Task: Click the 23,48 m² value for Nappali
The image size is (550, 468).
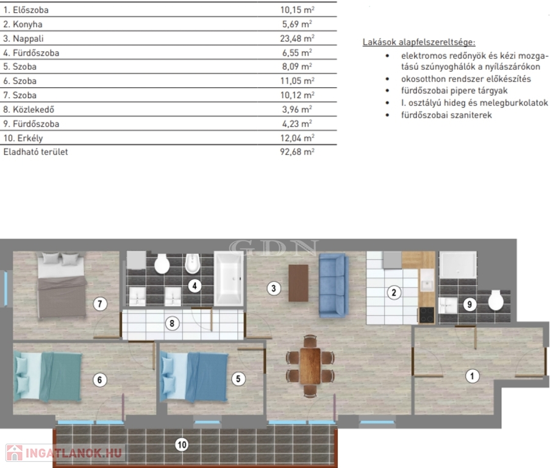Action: [297, 38]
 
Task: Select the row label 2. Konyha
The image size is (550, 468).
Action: [23, 24]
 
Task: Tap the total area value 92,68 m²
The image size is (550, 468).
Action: [297, 152]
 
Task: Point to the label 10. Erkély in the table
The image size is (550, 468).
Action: [23, 138]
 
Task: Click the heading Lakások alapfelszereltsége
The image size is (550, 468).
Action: [419, 42]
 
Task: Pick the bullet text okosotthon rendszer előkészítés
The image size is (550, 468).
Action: [466, 79]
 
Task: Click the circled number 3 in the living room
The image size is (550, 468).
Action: [274, 288]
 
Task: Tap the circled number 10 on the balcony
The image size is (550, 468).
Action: [182, 445]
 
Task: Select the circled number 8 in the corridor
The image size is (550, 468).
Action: [172, 323]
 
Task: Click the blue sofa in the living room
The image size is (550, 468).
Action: [334, 286]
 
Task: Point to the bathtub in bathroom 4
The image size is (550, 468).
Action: [229, 278]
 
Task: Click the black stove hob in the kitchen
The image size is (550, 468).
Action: [427, 315]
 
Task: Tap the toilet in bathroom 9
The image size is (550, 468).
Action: [496, 300]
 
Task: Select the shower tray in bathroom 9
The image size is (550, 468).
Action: [458, 264]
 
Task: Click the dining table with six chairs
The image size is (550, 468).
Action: [310, 366]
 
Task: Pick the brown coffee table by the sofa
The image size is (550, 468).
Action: [298, 283]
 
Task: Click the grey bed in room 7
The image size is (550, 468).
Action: [62, 285]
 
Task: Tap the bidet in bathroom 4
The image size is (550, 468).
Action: [192, 264]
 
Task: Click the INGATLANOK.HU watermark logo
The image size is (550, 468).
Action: [65, 453]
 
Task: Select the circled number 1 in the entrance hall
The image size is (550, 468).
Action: [472, 376]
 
